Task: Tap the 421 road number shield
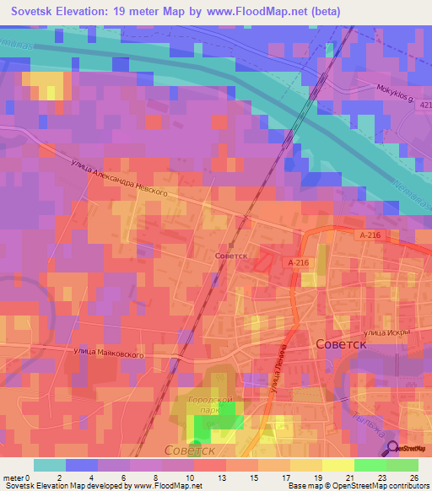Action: (x=424, y=105)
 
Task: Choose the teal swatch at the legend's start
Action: (x=50, y=465)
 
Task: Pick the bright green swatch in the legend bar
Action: (x=370, y=465)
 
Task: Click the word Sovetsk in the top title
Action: (x=38, y=11)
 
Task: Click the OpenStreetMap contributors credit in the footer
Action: (x=371, y=486)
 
